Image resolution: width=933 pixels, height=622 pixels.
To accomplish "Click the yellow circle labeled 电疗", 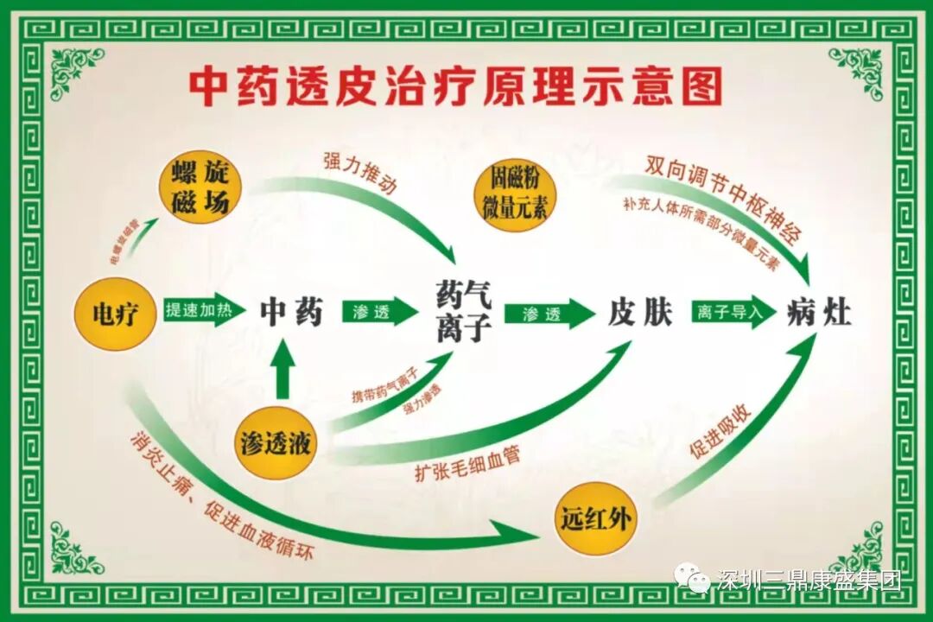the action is (x=115, y=314).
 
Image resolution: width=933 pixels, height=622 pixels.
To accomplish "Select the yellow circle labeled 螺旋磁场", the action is (x=198, y=189).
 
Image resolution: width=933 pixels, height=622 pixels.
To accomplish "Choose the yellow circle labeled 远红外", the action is (x=593, y=518).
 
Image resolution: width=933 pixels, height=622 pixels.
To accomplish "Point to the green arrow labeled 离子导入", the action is (x=733, y=313).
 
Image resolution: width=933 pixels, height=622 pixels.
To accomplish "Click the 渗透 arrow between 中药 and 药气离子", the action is (x=378, y=312).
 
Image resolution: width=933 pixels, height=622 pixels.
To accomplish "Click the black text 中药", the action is (x=291, y=312).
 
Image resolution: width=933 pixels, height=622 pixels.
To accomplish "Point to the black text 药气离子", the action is (x=464, y=313).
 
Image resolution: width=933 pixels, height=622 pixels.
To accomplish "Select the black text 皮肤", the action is (x=639, y=313).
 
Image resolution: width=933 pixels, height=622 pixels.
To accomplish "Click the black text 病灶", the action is (x=818, y=313).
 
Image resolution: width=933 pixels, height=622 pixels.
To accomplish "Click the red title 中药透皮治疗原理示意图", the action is (x=455, y=86).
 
